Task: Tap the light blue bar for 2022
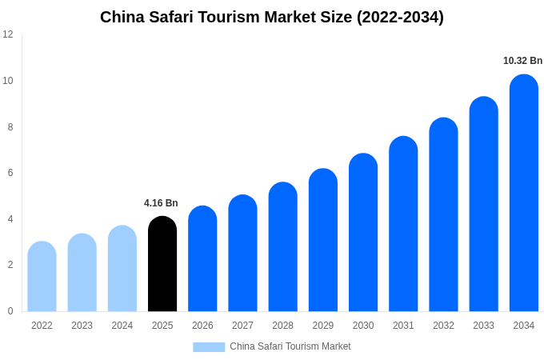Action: click(x=42, y=277)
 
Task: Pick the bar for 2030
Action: click(x=363, y=233)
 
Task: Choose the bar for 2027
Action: click(x=242, y=254)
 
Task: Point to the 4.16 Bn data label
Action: click(x=161, y=203)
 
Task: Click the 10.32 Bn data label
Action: click(x=522, y=61)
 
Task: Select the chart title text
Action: click(x=272, y=17)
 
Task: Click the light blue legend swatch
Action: click(x=209, y=346)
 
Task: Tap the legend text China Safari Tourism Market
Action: click(x=290, y=346)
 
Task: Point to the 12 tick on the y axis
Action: click(x=8, y=34)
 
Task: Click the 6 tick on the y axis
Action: click(x=10, y=173)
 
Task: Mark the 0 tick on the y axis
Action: click(x=10, y=311)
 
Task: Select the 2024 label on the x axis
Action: click(x=122, y=326)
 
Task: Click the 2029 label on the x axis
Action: click(x=323, y=326)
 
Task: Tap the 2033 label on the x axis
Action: click(x=483, y=326)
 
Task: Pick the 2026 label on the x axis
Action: click(x=202, y=326)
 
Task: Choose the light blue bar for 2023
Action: click(x=82, y=273)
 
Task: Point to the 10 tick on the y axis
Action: click(x=8, y=81)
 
